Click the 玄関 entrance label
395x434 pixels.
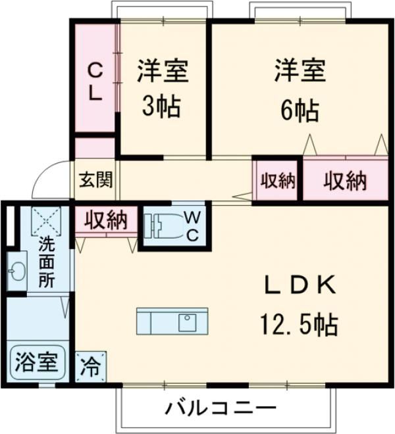point(95,179)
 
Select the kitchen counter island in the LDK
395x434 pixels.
point(172,322)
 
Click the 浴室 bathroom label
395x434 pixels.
point(37,362)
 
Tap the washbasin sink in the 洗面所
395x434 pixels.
point(16,271)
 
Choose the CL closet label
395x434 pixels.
point(95,80)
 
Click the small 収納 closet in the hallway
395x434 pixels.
point(276,181)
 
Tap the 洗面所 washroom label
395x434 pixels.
point(46,261)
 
